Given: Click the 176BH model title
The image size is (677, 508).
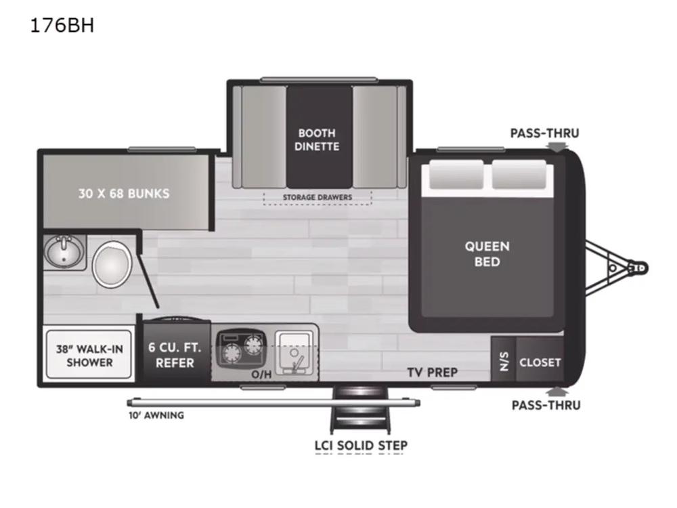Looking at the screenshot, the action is click(62, 26).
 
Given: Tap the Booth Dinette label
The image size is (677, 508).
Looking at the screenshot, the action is click(317, 140).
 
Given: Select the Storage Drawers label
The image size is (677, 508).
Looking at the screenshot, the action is click(318, 197).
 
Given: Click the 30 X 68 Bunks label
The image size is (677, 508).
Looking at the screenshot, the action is click(124, 194).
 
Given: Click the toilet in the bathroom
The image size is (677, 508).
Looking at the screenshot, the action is click(112, 264).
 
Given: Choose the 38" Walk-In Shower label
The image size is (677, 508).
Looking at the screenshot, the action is click(89, 356).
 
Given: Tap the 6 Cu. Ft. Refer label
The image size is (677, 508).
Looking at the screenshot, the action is click(175, 355).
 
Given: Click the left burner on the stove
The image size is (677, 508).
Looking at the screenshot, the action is click(231, 353).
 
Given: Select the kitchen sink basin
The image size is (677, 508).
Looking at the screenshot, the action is click(294, 353).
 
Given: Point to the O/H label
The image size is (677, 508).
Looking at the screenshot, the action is click(261, 374).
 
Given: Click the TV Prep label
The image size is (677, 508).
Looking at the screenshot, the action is click(432, 372).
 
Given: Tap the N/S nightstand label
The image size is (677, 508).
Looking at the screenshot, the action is click(504, 362).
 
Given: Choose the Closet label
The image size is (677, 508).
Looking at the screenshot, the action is click(540, 362).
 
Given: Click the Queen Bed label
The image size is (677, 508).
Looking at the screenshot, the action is click(487, 254).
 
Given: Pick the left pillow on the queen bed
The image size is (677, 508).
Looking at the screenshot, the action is click(456, 174).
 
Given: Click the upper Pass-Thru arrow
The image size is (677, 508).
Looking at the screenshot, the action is click(557, 146).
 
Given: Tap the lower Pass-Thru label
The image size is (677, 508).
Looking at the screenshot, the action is click(546, 405).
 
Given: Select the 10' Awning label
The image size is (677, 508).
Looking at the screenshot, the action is click(156, 415).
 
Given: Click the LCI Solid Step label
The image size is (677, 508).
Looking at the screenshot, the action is click(361, 446).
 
